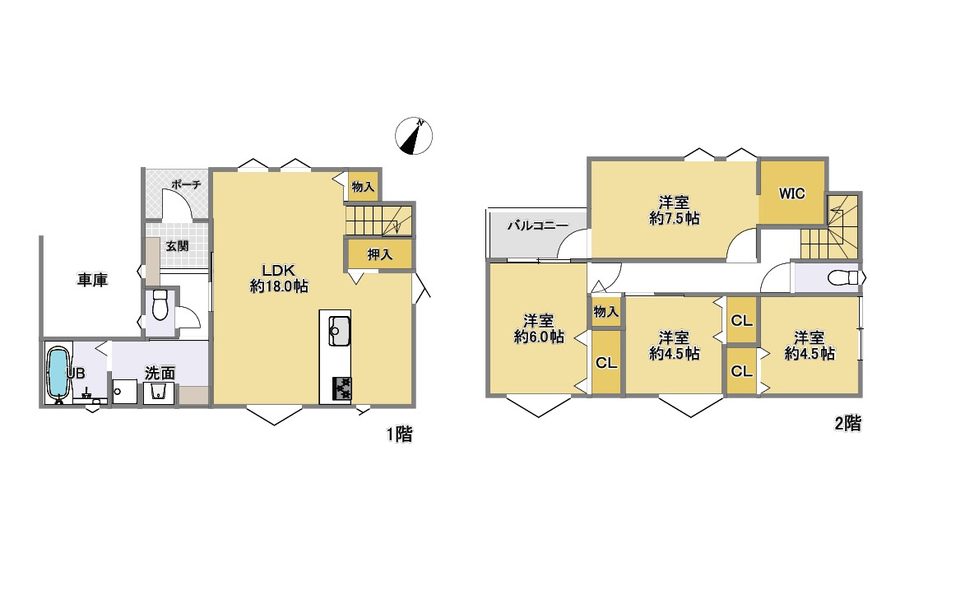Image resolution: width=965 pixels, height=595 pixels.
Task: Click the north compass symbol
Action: pyautogui.click(x=414, y=136)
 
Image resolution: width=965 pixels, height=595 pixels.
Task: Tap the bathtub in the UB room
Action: pyautogui.click(x=58, y=373)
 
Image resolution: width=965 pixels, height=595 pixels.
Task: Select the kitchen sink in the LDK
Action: pyautogui.click(x=339, y=331)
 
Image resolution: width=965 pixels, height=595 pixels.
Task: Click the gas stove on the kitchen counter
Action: pyautogui.click(x=341, y=388)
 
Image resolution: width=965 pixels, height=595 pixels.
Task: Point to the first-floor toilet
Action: pyautogui.click(x=160, y=305)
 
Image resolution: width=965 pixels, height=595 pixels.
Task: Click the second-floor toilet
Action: pyautogui.click(x=842, y=278)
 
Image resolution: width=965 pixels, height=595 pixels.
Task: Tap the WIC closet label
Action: pyautogui.click(x=791, y=193)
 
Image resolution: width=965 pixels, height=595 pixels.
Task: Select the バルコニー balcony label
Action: pyautogui.click(x=537, y=225)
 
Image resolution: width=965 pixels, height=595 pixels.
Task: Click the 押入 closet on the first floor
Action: pyautogui.click(x=380, y=253)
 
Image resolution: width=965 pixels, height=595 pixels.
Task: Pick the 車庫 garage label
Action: pyautogui.click(x=92, y=281)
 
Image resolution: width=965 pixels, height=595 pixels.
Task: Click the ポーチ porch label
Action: pyautogui.click(x=186, y=184)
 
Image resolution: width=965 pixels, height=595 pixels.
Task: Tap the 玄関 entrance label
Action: pyautogui.click(x=177, y=246)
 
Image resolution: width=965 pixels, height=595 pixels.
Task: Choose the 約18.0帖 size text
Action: pyautogui.click(x=279, y=286)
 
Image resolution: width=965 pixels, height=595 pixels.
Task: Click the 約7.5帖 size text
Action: pyautogui.click(x=674, y=219)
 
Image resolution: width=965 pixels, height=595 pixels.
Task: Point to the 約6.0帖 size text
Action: pyautogui.click(x=539, y=337)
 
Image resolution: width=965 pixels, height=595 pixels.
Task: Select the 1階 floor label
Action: pyautogui.click(x=399, y=435)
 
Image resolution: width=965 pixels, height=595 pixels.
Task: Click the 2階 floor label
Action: pyautogui.click(x=847, y=424)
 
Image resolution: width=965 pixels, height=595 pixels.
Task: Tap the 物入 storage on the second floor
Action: pyautogui.click(x=606, y=312)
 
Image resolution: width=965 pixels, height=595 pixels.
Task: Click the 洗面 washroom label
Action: pyautogui.click(x=160, y=374)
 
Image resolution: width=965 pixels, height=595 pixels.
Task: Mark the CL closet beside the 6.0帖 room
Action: pyautogui.click(x=606, y=363)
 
